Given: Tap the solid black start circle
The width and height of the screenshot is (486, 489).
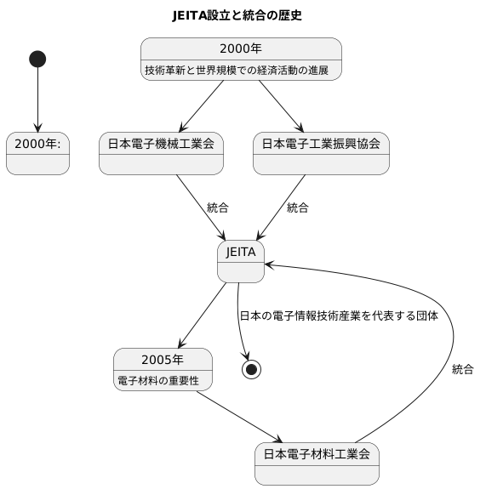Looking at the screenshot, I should tap(37, 59).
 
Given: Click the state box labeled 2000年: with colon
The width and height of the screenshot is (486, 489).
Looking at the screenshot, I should tap(37, 154).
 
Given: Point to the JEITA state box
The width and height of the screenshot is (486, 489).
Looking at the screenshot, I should tap(241, 261).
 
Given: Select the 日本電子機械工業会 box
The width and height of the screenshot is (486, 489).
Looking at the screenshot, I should tap(161, 154).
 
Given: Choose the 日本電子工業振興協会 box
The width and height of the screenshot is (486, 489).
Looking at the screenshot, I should tap(321, 154).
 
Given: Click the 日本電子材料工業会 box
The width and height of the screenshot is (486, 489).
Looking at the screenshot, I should tap(317, 463).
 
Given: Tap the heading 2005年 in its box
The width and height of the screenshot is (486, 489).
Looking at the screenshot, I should tap(162, 358).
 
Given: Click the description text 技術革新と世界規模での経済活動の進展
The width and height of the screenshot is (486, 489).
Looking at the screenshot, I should tap(242, 70).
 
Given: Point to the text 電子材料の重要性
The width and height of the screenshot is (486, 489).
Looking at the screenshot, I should tap(158, 380).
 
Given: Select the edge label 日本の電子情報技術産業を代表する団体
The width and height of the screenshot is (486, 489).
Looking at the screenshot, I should tap(339, 316).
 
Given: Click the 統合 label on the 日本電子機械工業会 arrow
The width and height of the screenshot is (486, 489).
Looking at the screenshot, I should tap(217, 208).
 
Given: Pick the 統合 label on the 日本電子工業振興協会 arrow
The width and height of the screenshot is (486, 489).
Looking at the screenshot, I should tap(298, 208).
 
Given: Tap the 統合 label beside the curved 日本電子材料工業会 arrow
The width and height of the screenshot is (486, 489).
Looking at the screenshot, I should tap(463, 369).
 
